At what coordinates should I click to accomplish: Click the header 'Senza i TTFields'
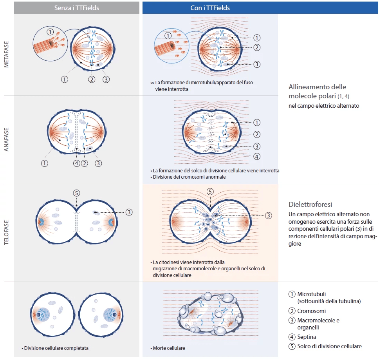76,8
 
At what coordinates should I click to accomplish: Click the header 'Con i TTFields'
210,8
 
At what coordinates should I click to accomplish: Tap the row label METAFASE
7,55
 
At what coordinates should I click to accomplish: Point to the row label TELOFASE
7,233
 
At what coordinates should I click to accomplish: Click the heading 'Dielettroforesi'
310,204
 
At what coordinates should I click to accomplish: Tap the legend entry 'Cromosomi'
311,311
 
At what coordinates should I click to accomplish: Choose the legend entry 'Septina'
307,336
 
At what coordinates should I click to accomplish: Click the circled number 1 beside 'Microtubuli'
291,294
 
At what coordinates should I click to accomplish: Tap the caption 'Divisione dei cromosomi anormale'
189,177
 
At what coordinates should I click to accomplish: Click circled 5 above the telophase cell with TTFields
210,192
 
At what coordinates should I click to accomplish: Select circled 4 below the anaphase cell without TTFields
77,163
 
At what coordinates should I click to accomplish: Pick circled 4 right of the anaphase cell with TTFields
257,156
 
